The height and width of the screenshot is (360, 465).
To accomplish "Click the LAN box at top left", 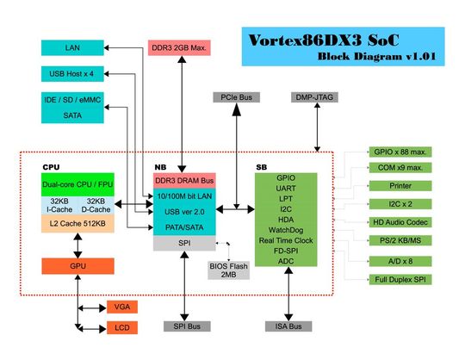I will coord(72,47).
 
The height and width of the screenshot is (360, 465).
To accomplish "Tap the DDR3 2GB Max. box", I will coord(180,47).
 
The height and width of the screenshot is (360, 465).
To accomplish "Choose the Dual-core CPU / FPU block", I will coord(77,184).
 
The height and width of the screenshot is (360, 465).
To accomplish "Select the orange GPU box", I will coord(77,265).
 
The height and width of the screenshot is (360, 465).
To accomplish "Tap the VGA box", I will coord(121,307).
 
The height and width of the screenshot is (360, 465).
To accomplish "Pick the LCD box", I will coord(121,328).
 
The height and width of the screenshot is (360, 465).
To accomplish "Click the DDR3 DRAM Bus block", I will coord(183,181).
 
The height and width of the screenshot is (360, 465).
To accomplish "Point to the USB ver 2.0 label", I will coord(183,212).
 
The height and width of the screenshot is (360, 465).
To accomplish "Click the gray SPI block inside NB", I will coord(183,244).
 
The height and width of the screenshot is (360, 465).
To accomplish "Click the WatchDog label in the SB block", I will coord(287,230).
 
